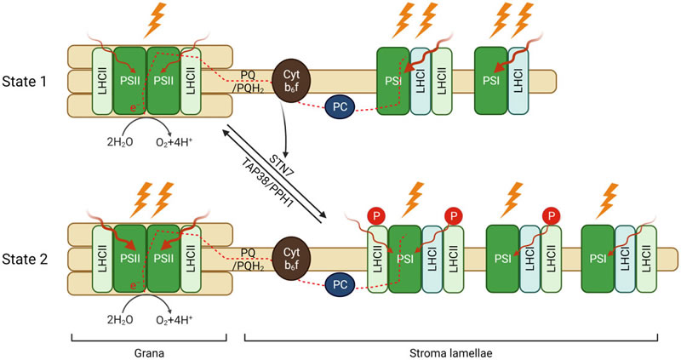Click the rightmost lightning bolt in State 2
[610, 203]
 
